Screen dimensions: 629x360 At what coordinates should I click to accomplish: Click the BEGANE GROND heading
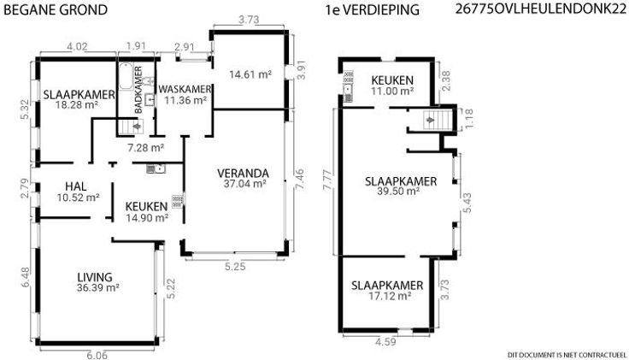click(x=56, y=9)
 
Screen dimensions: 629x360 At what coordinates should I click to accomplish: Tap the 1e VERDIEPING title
click(x=373, y=9)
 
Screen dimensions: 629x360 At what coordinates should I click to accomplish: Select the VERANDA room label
click(x=243, y=174)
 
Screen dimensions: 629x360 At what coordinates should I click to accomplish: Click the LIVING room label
click(x=95, y=277)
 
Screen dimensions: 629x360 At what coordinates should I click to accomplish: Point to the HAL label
click(x=76, y=186)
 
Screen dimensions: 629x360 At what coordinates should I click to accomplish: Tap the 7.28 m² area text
click(x=145, y=148)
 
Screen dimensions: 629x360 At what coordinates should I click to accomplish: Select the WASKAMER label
click(x=185, y=89)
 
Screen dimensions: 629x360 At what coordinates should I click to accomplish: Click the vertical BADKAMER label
click(x=138, y=90)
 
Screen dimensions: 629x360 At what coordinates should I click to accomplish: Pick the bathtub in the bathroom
click(x=126, y=76)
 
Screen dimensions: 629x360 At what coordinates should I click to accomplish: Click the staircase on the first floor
click(x=438, y=120)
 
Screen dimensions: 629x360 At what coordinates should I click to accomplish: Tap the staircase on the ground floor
click(x=131, y=127)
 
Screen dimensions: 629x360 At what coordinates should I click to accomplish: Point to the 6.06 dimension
click(x=97, y=355)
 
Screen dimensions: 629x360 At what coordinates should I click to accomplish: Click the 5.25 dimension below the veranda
click(x=235, y=267)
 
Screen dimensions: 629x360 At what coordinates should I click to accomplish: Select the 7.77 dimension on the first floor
click(x=328, y=183)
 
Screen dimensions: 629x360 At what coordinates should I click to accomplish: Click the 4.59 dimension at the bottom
click(x=385, y=342)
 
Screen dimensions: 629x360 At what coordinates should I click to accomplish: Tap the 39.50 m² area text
click(x=399, y=192)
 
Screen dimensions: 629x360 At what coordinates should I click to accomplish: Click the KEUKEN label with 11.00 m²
click(x=392, y=80)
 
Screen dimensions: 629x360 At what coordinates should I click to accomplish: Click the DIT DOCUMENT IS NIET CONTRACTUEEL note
click(x=567, y=355)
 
